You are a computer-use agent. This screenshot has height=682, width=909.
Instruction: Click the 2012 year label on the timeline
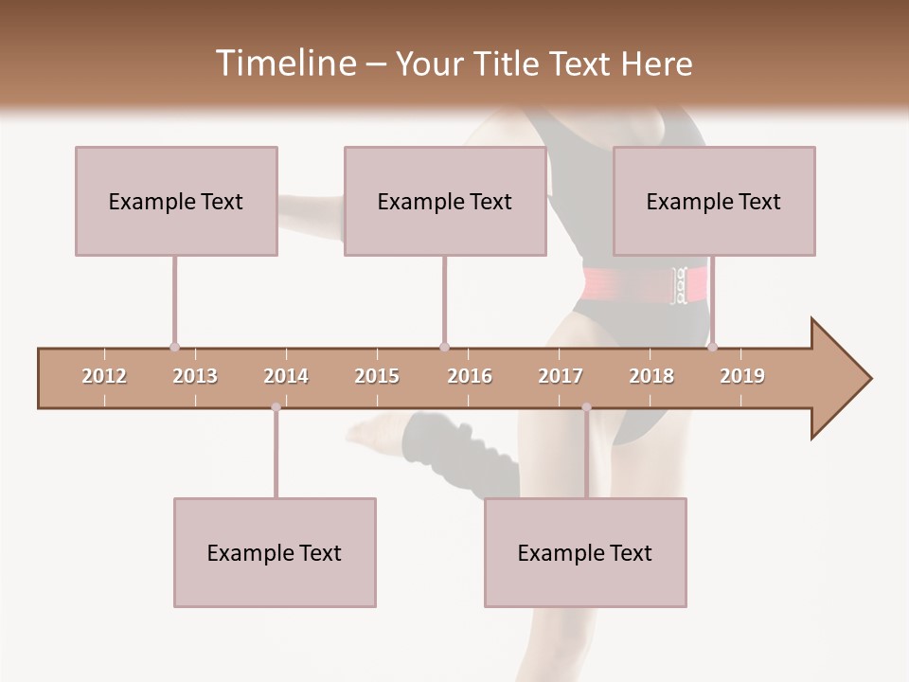(x=104, y=376)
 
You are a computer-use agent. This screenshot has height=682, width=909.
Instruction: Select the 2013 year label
(x=195, y=376)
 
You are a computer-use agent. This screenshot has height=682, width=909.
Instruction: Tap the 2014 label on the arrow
(x=286, y=376)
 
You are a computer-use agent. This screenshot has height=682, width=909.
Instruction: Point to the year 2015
(x=377, y=376)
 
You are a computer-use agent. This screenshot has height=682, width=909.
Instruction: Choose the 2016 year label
(x=470, y=376)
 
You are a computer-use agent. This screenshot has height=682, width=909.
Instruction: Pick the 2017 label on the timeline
(x=561, y=376)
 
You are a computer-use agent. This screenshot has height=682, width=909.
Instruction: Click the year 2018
(x=651, y=376)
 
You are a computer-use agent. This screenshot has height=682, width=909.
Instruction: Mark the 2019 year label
(x=742, y=376)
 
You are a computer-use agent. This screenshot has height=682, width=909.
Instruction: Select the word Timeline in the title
(x=284, y=63)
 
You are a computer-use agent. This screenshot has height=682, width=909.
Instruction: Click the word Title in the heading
(x=508, y=63)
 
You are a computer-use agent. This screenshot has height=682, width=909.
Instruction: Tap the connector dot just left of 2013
(x=174, y=347)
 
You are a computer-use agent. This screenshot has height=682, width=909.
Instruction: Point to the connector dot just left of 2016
(x=444, y=347)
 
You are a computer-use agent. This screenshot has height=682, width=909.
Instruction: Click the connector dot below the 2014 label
(x=276, y=407)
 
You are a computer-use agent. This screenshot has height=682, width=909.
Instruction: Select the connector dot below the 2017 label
(x=586, y=407)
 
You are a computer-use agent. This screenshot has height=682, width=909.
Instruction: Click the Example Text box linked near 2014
(x=275, y=552)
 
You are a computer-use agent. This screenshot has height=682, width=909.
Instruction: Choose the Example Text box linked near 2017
(x=585, y=552)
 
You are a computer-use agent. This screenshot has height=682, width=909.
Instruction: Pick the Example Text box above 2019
(x=714, y=201)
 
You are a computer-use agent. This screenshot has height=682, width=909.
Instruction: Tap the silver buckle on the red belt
(x=679, y=286)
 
